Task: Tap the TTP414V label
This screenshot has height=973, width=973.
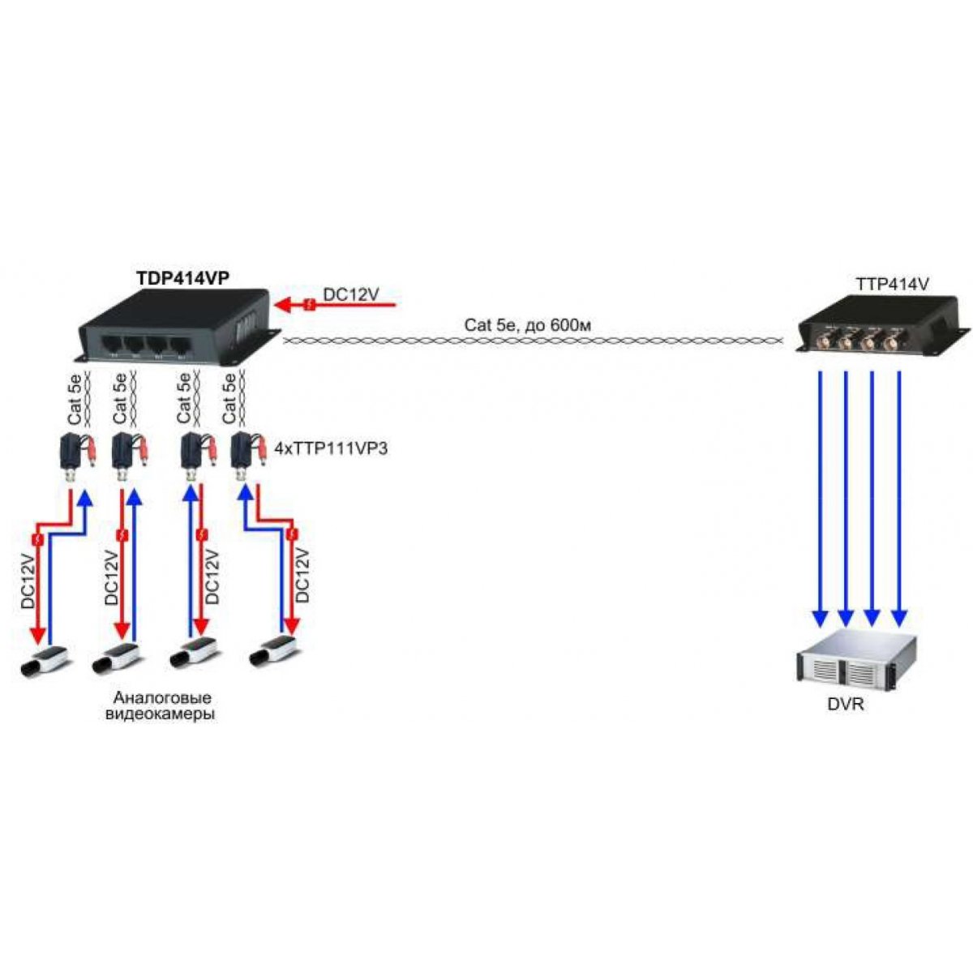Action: pos(892,285)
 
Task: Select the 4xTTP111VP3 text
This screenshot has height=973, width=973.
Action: pos(332,448)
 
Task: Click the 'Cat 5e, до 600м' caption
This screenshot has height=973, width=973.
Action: pos(528,326)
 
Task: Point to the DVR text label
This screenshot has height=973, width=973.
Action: pos(846,704)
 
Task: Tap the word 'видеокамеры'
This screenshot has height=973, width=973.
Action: pos(160,714)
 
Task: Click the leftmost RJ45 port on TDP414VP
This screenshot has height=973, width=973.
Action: pos(113,345)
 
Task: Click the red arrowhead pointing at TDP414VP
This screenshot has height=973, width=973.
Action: pos(283,305)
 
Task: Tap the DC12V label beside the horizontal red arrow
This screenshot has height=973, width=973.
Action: pos(350,295)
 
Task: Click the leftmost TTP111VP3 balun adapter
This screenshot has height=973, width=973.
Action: pos(77,455)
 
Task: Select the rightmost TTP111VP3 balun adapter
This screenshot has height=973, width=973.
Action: pos(248,455)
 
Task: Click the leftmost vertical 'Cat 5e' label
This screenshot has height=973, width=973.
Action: pos(75,398)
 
